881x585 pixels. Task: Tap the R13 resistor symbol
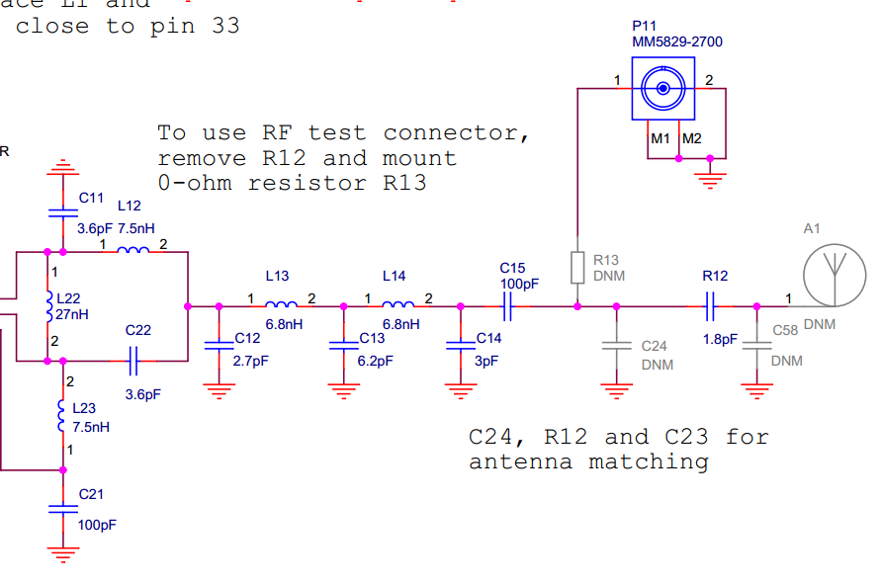point(576,267)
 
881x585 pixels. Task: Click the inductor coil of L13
point(281,304)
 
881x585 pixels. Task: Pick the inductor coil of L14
point(397,304)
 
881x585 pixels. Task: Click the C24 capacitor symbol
point(616,346)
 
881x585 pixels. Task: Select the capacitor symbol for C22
point(135,362)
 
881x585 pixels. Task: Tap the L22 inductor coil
point(49,306)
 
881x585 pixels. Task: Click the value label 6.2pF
point(376,361)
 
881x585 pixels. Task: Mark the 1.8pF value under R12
point(719,339)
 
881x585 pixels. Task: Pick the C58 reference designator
point(785,330)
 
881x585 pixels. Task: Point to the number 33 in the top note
point(225,27)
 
